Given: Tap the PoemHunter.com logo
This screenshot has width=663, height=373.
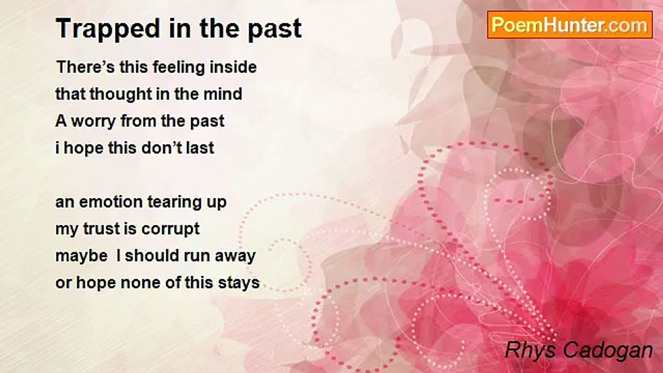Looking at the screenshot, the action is click(x=570, y=25).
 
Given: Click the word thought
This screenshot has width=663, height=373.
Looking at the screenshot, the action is click(x=120, y=94).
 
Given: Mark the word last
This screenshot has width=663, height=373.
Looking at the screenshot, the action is click(x=200, y=148).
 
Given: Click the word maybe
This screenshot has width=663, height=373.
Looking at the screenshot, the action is click(x=81, y=256).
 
